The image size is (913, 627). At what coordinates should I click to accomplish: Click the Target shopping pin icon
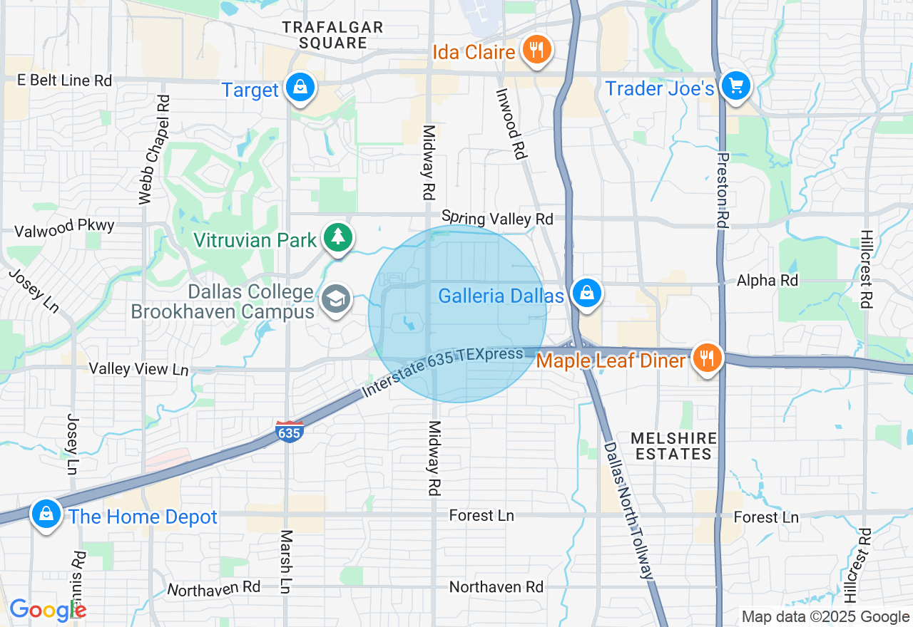click(x=300, y=88)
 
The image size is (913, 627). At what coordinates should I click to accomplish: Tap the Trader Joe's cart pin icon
click(x=735, y=87)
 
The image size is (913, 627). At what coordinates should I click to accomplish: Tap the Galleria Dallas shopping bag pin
click(x=586, y=294)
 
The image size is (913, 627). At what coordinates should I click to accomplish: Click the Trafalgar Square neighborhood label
click(x=332, y=35)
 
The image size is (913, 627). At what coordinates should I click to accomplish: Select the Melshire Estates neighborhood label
click(x=673, y=445)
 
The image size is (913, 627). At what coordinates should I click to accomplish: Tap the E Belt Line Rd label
click(x=65, y=81)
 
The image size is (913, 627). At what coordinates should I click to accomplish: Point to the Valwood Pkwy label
click(x=65, y=227)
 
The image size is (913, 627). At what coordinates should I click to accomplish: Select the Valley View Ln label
click(x=138, y=368)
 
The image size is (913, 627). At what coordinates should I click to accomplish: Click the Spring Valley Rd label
click(x=497, y=217)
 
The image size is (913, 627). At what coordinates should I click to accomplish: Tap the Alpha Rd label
click(x=767, y=281)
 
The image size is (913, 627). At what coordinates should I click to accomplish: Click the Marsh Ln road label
click(x=286, y=561)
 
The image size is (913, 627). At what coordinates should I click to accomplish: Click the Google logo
click(x=48, y=610)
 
